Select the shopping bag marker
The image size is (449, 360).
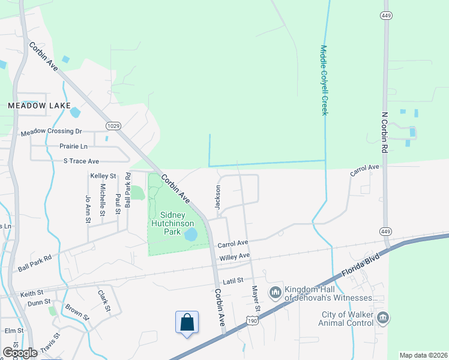187,322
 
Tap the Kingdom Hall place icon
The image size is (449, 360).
275,292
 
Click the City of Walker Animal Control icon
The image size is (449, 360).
384,317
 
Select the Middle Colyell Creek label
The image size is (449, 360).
324,80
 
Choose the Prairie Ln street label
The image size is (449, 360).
73,146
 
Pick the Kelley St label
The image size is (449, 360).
103,176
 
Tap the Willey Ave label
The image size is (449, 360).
235,256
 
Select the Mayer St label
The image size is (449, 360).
255,298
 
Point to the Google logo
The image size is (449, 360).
20,352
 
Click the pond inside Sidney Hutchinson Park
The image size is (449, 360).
191,235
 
